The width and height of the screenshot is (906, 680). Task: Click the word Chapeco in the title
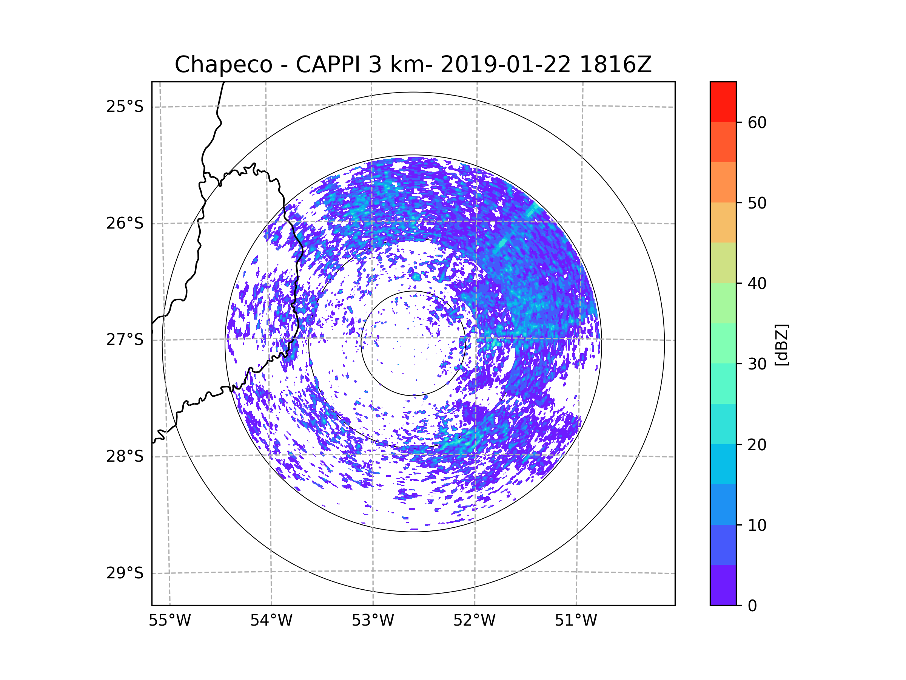tap(223, 65)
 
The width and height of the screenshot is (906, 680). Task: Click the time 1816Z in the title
tap(615, 65)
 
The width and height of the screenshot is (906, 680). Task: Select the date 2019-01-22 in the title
tap(505, 65)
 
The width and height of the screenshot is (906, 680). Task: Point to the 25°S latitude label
tap(125, 107)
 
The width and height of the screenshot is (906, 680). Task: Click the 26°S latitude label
tap(125, 223)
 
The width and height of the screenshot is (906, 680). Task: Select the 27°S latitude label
tap(125, 340)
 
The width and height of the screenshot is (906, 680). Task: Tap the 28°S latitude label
tap(125, 456)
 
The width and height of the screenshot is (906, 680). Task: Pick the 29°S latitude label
tap(125, 573)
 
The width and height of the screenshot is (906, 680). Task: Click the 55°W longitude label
tap(169, 621)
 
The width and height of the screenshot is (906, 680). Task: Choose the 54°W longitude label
tap(271, 621)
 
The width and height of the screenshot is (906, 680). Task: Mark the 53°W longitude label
tap(373, 621)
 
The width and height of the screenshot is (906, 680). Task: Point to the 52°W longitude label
tap(474, 621)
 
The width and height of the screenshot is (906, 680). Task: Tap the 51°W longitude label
tap(576, 621)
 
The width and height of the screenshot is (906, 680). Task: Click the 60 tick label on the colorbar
tap(757, 122)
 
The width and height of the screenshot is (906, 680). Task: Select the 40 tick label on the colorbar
tap(757, 284)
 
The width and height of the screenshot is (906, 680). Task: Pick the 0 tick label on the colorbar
tap(752, 606)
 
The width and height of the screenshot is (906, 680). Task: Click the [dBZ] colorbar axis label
tap(781, 345)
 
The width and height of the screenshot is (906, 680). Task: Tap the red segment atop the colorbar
tap(723, 102)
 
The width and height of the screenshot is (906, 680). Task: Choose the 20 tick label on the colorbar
tap(757, 445)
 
